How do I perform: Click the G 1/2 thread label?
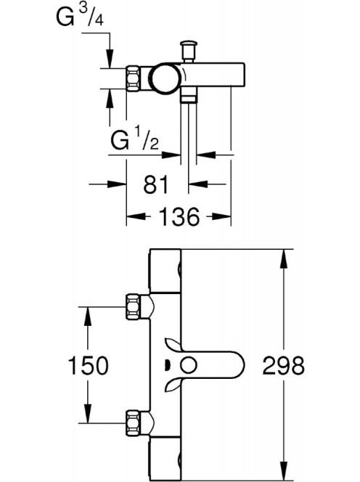click(x=135, y=140)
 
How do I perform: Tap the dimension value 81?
click(x=156, y=184)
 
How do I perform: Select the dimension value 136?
click(x=180, y=217)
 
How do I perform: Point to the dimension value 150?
click(x=89, y=366)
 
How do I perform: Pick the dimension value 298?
click(x=284, y=366)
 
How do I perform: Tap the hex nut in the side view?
click(x=134, y=78)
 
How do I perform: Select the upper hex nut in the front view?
click(x=134, y=307)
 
